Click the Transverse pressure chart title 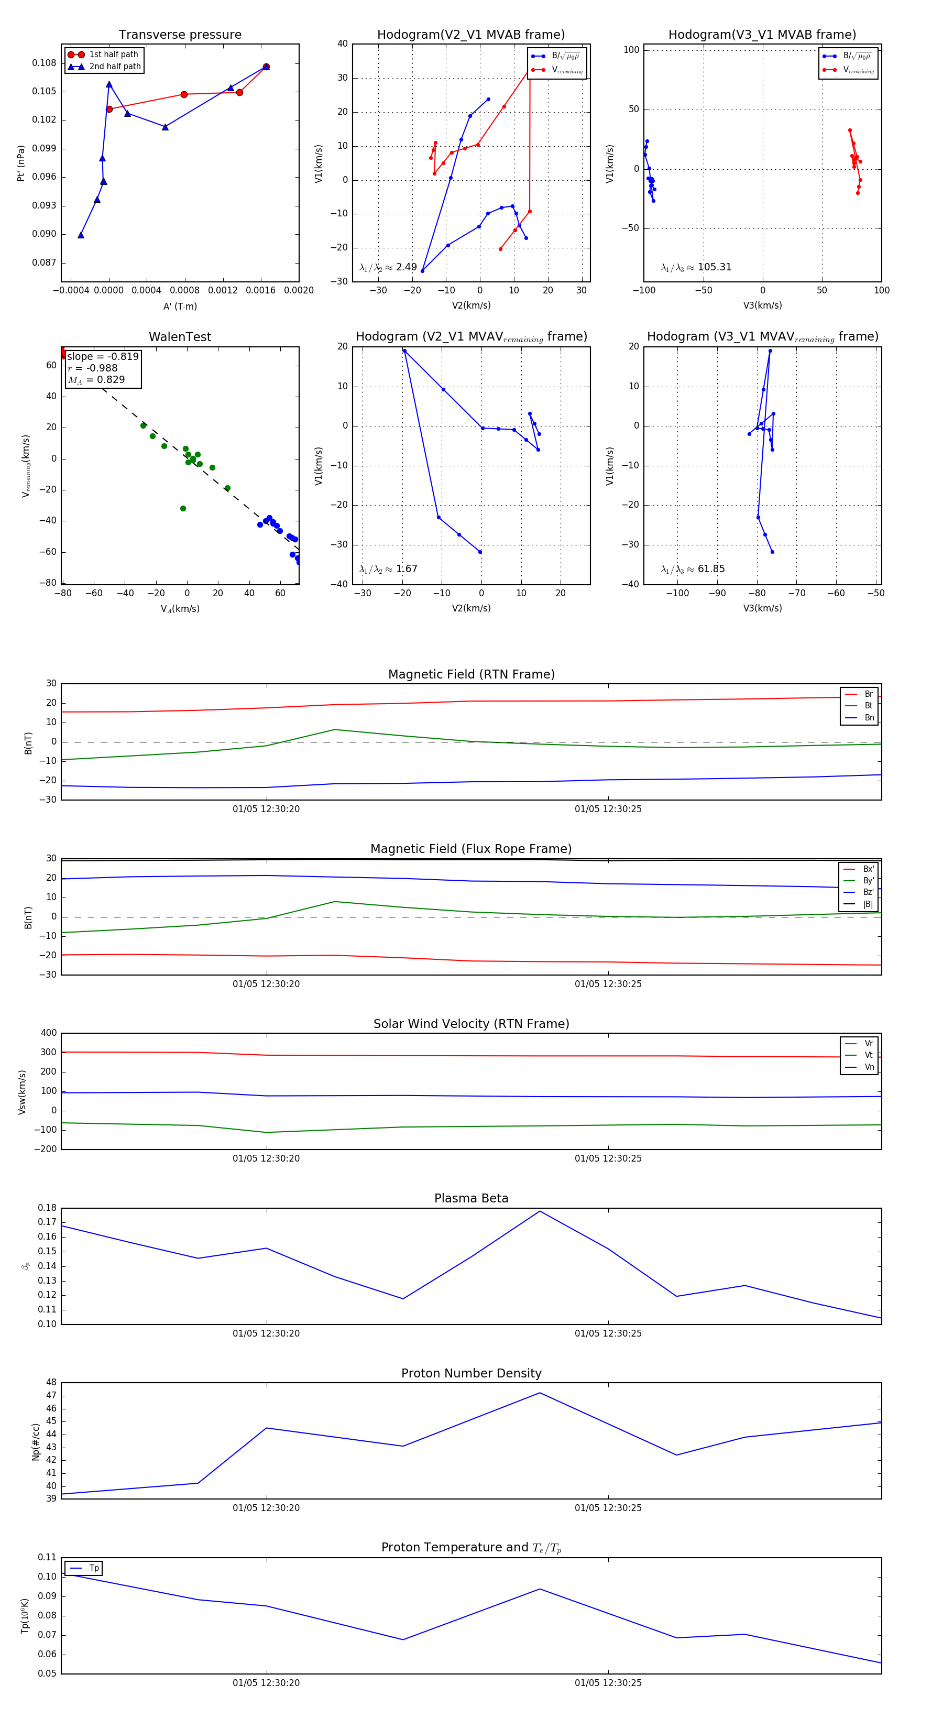[x=180, y=35]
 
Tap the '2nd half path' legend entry [x=115, y=67]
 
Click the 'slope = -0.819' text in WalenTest [x=103, y=356]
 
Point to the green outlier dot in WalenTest [x=182, y=508]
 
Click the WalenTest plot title [x=180, y=337]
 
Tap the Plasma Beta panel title [x=471, y=1198]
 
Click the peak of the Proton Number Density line [x=540, y=1393]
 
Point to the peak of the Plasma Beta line [x=540, y=1211]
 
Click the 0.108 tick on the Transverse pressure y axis [x=45, y=63]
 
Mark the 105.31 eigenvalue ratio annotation [x=714, y=267]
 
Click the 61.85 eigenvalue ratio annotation [x=711, y=569]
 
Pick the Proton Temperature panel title [x=471, y=1547]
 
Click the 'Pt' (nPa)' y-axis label [x=21, y=163]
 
